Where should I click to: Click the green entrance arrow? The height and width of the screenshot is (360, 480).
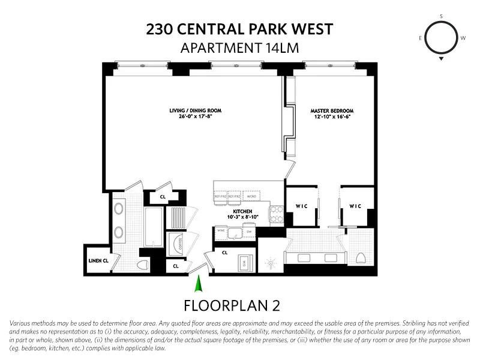pos(200,283)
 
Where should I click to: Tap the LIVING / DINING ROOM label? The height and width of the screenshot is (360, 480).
pos(194,111)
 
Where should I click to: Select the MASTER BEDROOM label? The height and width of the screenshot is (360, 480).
pos(331,111)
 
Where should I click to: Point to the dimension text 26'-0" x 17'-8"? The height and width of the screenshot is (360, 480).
pos(194,117)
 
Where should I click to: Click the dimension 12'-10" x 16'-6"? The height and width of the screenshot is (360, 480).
pos(331,117)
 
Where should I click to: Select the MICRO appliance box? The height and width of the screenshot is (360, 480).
pos(251,196)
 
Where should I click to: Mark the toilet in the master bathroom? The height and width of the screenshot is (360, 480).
pos(360,258)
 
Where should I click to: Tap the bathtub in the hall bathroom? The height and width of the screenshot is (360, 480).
pos(154,227)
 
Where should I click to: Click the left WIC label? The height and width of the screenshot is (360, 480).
pos(301,206)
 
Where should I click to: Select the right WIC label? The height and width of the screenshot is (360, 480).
pos(356,206)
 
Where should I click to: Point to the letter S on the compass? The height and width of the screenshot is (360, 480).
pos(441,16)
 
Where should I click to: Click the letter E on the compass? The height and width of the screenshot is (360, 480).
pos(421,38)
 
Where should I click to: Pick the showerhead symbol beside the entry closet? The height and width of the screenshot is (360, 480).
pos(270,262)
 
